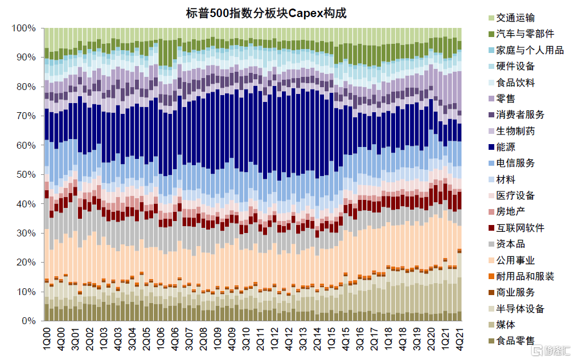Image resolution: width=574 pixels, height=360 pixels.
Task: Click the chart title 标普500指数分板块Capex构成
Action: click(x=266, y=14)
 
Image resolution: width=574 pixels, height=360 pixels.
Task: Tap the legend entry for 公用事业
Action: click(x=511, y=260)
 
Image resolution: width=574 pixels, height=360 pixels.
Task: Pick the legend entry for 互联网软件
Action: click(x=516, y=228)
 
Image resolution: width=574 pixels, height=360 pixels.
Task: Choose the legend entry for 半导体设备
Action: click(x=516, y=309)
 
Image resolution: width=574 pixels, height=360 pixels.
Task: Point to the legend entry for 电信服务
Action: click(x=511, y=163)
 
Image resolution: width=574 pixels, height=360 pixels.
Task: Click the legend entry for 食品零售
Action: click(x=511, y=341)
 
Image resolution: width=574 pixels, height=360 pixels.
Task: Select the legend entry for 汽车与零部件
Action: click(x=521, y=34)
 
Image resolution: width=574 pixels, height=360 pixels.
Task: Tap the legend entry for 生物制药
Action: click(x=511, y=131)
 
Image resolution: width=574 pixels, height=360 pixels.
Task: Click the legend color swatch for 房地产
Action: click(x=491, y=212)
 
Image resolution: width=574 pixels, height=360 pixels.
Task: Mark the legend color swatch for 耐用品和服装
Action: click(x=491, y=276)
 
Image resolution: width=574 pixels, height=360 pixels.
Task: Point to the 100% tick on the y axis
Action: click(x=23, y=28)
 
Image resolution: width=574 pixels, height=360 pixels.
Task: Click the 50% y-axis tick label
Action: click(x=26, y=175)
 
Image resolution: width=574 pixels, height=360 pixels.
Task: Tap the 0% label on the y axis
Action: click(x=28, y=321)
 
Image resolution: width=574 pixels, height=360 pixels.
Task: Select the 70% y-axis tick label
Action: click(x=26, y=116)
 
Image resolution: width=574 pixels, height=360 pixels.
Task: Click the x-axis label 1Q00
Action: click(x=47, y=339)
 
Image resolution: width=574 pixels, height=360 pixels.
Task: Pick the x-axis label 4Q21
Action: click(x=459, y=339)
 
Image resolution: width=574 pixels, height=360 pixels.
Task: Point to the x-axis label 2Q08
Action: click(x=203, y=339)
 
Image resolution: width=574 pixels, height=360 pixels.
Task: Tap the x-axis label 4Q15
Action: click(x=346, y=339)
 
